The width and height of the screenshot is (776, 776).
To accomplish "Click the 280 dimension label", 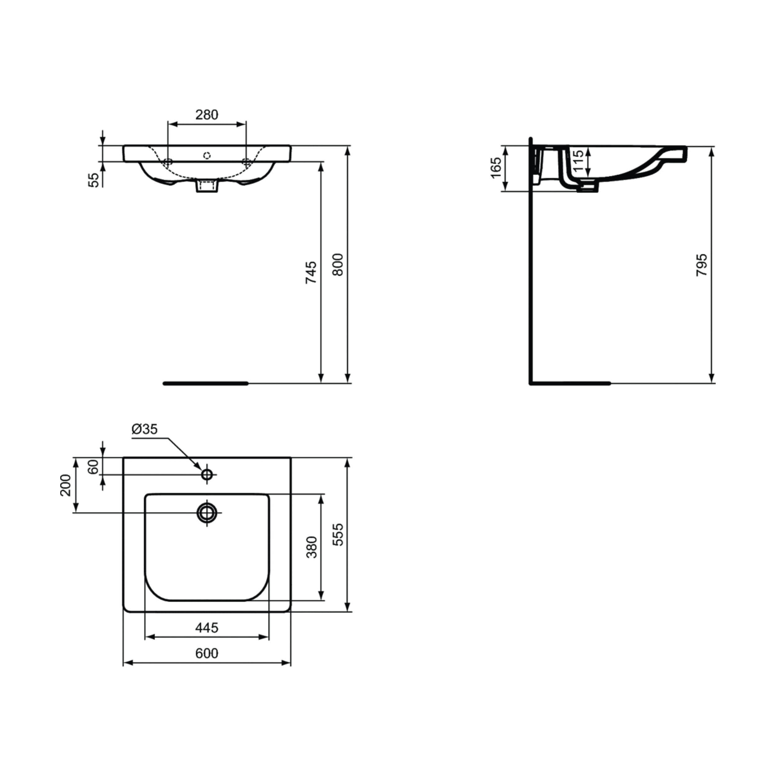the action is point(206,115).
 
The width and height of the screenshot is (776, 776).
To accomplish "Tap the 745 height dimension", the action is point(311,273).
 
